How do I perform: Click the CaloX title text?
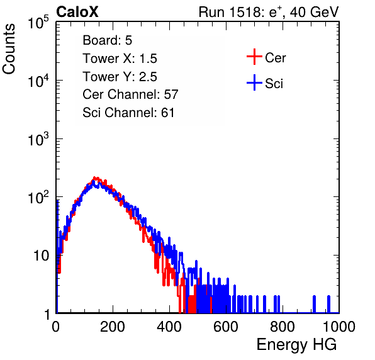(77, 12)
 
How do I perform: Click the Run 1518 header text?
(269, 12)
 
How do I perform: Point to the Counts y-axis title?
(9, 49)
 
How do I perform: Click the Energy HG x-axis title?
(296, 344)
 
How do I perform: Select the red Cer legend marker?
(254, 57)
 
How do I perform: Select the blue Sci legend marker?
(254, 82)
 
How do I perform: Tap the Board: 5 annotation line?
(108, 40)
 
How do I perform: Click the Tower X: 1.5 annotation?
(120, 59)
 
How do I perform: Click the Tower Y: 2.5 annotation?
(120, 77)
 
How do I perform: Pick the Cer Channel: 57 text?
(131, 94)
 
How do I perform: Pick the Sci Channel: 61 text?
(128, 113)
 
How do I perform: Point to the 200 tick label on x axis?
(113, 327)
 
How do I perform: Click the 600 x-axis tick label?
(226, 327)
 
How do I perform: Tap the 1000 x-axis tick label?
(339, 327)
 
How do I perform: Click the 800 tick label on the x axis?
(283, 327)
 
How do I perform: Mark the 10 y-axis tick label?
(42, 256)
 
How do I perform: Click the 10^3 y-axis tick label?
(38, 139)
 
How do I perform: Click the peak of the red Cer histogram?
(95, 178)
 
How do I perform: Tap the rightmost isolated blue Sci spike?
(328, 304)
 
